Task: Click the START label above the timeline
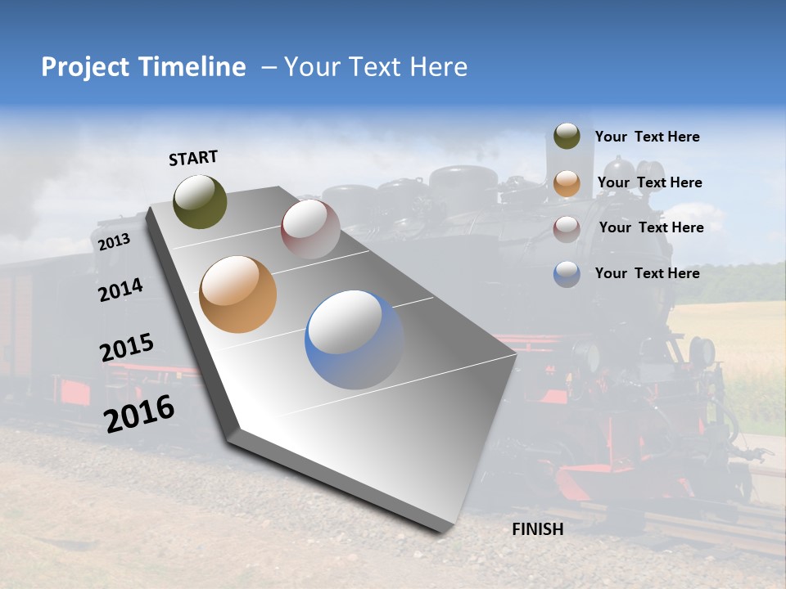click(x=193, y=158)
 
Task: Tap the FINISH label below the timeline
click(x=538, y=529)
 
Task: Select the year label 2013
click(x=114, y=242)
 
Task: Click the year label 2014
click(x=120, y=290)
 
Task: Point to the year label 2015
click(x=127, y=348)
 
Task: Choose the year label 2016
click(x=139, y=413)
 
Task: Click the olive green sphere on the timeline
click(x=201, y=201)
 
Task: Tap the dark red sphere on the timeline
click(x=310, y=228)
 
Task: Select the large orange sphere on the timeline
click(x=237, y=294)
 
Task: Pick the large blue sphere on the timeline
click(x=354, y=339)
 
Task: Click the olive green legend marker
click(x=567, y=137)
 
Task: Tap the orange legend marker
click(x=567, y=182)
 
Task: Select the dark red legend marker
click(x=567, y=228)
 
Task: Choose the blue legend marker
click(x=567, y=274)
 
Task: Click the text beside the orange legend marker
click(x=649, y=182)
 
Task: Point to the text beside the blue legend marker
click(x=647, y=273)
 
